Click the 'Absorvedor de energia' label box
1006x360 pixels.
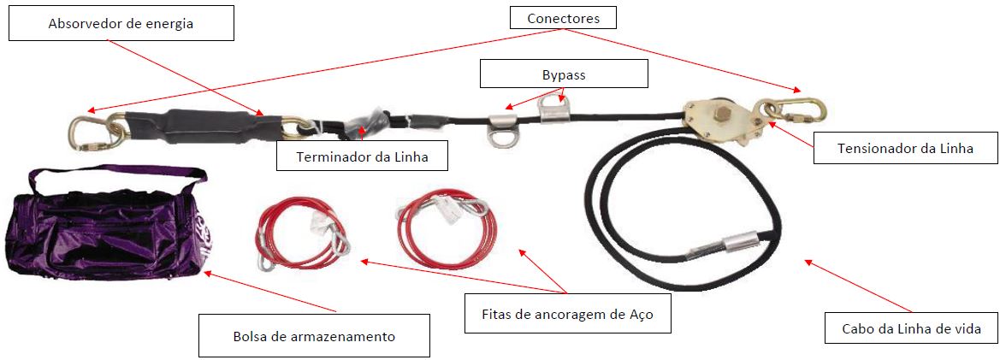coord(121,23)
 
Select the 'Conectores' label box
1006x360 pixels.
coord(562,16)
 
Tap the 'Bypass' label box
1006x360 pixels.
coord(564,74)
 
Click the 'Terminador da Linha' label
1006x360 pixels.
coord(362,156)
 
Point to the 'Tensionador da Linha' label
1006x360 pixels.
coord(905,149)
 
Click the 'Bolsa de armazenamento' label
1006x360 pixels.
coord(314,335)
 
